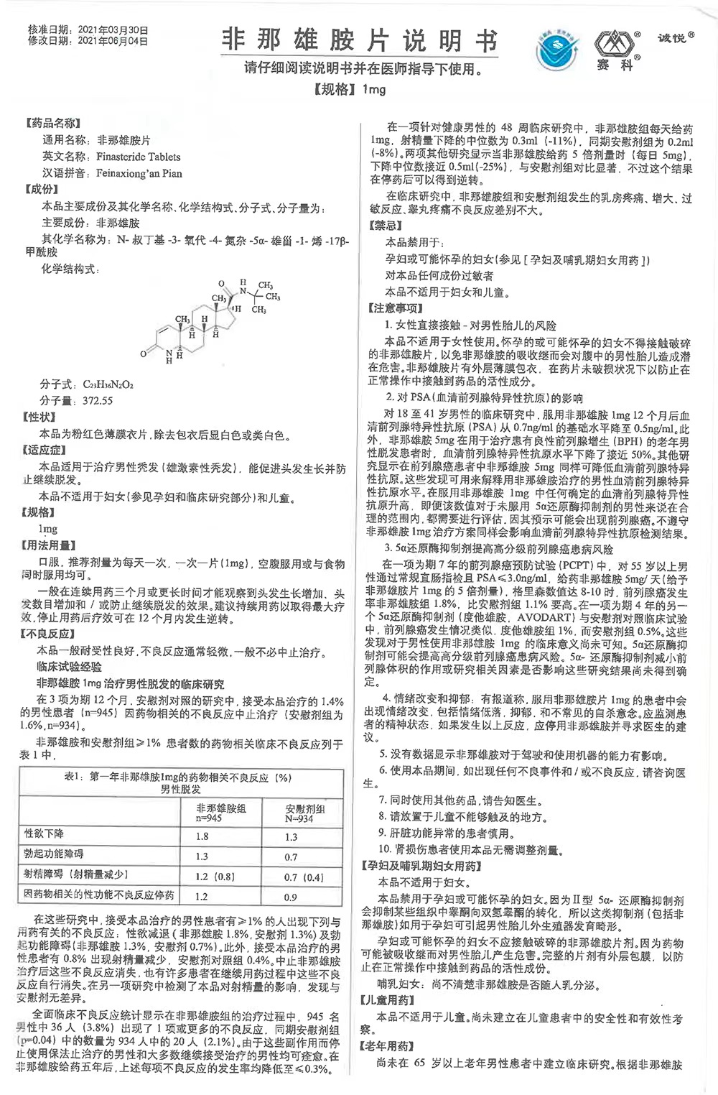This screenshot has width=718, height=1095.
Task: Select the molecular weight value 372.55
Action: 97,400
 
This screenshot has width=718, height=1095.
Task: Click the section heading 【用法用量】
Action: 52,546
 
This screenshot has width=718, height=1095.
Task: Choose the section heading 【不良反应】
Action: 52,634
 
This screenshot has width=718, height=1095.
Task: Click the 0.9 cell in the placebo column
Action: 291,897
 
